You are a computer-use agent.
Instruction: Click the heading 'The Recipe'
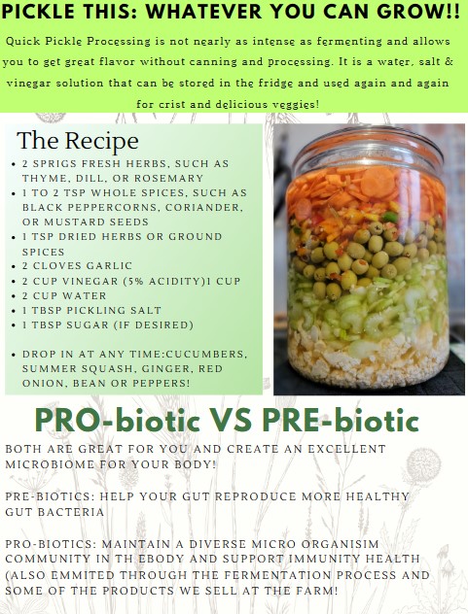[x=78, y=141]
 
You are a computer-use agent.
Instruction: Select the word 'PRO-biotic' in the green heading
[x=118, y=421]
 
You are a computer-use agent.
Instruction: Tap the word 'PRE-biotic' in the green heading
[x=341, y=421]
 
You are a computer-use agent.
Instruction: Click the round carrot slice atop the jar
[x=377, y=181]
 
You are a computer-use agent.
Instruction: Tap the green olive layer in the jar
[x=365, y=255]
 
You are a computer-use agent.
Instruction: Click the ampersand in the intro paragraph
[x=450, y=62]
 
